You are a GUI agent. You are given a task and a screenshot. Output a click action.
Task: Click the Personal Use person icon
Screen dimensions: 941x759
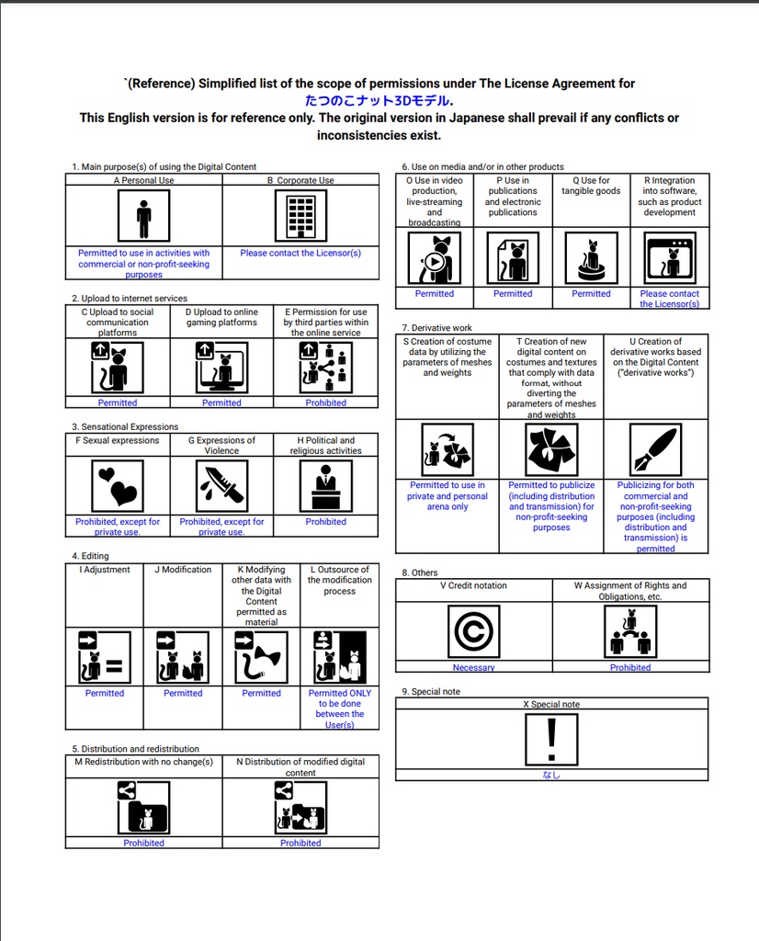[x=143, y=217]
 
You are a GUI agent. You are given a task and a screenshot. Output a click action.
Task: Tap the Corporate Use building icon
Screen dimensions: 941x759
[x=300, y=217]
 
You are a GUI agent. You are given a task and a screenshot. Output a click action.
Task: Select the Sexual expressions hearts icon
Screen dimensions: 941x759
[x=118, y=486]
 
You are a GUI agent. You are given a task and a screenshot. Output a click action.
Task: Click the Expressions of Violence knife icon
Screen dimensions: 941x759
[x=222, y=486]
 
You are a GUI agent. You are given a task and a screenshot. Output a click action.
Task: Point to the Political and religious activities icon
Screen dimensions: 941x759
[x=326, y=486]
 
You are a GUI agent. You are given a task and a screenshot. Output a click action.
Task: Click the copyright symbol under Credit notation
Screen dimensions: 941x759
[x=473, y=632]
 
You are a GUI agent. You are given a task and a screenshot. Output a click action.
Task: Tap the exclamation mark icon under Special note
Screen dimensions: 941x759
[x=551, y=741]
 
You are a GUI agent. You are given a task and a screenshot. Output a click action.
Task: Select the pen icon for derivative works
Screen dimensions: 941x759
[x=655, y=450]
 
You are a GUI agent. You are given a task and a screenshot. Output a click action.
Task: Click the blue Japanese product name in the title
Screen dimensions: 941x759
[x=379, y=101]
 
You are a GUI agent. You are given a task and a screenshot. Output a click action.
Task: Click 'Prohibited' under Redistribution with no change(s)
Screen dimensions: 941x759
[x=144, y=843]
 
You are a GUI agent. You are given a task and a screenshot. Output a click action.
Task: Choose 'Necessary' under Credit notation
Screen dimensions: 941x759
[x=473, y=668]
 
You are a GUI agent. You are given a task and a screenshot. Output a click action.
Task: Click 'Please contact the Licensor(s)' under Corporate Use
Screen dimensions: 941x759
[x=300, y=253]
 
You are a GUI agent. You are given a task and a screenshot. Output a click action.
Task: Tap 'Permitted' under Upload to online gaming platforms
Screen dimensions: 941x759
[x=222, y=402]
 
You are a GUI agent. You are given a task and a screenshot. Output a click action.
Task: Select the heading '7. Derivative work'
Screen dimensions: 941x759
[x=437, y=328]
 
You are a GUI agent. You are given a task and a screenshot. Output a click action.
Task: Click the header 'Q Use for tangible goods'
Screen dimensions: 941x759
[x=591, y=186]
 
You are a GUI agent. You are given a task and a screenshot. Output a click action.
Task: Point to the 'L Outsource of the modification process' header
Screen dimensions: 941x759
[x=339, y=580]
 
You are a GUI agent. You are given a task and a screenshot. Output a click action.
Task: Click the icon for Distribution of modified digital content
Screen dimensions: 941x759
[x=300, y=808]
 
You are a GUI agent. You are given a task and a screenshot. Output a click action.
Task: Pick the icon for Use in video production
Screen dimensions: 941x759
[x=435, y=258]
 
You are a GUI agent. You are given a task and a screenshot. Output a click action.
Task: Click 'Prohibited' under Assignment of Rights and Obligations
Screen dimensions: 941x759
[x=630, y=668]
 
